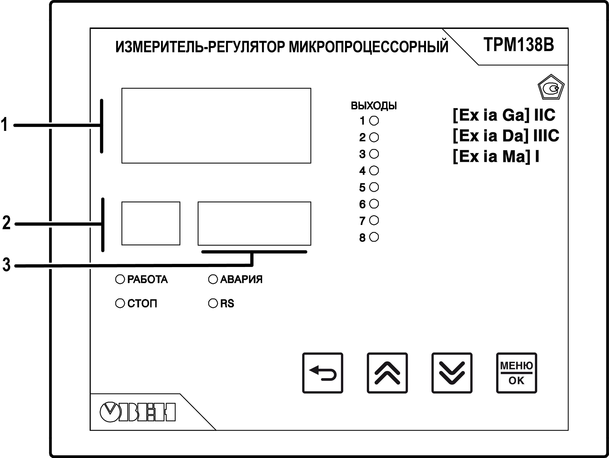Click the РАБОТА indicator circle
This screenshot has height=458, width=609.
tap(120, 279)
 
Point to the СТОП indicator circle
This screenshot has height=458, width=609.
tap(120, 303)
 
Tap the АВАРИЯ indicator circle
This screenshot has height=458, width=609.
tap(213, 279)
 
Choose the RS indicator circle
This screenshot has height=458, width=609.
tap(213, 303)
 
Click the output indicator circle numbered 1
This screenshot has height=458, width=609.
tap(374, 121)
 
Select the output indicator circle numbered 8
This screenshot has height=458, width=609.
tap(374, 237)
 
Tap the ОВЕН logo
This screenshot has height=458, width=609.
tap(138, 412)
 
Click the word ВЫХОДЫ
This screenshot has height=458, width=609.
tap(374, 106)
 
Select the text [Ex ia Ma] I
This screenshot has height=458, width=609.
tap(496, 157)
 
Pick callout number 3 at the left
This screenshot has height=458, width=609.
tap(7, 265)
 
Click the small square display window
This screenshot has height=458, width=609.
tap(151, 223)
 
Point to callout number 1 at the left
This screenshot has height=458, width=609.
tap(4, 125)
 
